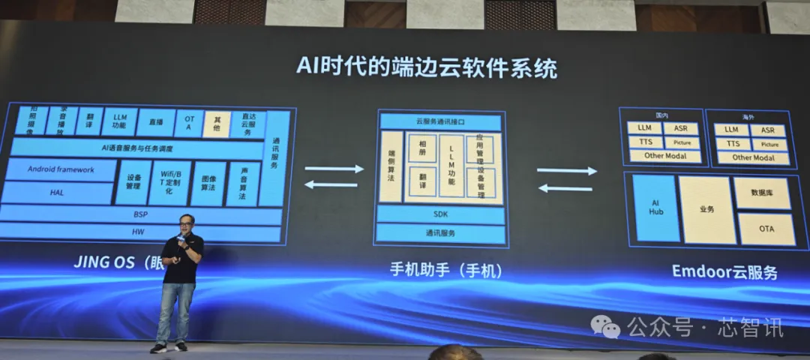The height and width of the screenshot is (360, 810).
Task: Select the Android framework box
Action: (61, 169)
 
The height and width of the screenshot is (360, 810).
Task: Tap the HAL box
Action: (57, 192)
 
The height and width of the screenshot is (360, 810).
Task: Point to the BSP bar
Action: (141, 214)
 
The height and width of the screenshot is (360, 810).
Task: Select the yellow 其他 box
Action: (217, 122)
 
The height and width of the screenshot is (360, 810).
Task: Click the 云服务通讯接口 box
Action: (440, 121)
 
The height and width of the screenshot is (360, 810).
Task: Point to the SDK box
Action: (440, 214)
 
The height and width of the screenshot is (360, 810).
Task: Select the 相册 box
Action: (421, 148)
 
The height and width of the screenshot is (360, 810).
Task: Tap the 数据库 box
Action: (762, 193)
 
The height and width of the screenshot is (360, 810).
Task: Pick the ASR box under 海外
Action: (768, 130)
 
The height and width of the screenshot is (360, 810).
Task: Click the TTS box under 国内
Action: (645, 142)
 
